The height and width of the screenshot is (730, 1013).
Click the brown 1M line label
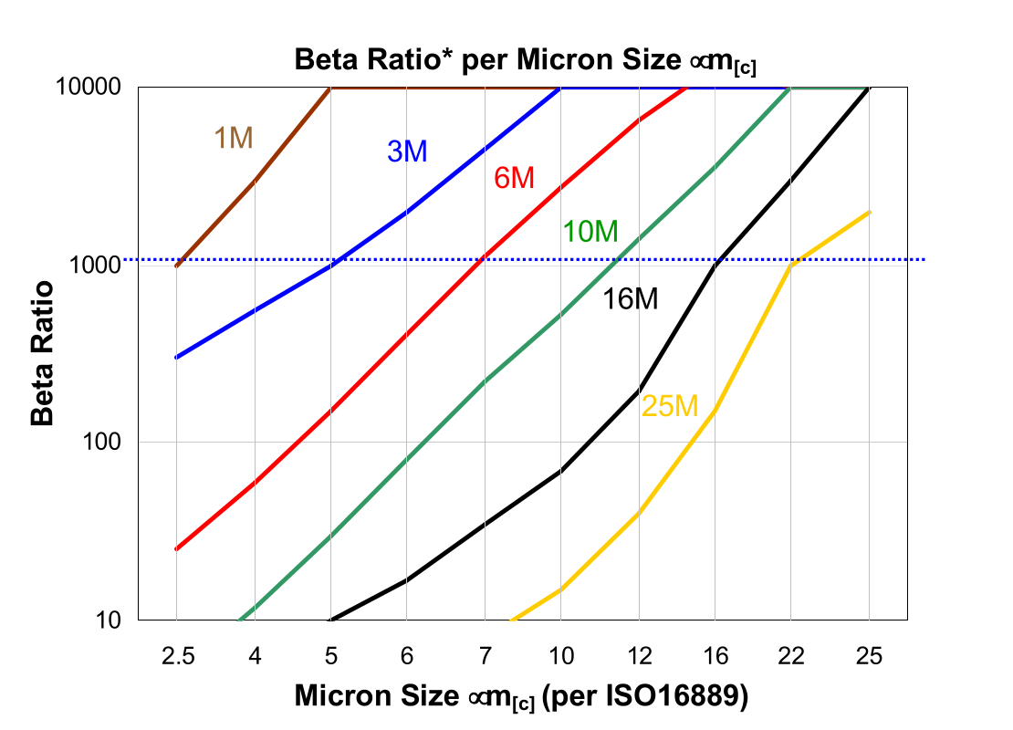tap(233, 138)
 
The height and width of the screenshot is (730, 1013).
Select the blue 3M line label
tap(407, 152)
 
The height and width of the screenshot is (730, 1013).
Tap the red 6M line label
tap(514, 179)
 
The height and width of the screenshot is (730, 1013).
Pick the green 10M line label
tap(590, 233)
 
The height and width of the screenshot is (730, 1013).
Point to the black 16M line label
tap(630, 298)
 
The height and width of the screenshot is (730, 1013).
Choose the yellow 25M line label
tap(669, 407)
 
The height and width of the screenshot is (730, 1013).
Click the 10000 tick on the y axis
tap(95, 89)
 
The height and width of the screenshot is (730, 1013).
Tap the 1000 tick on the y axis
tap(101, 266)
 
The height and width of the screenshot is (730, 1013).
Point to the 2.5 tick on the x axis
tap(176, 656)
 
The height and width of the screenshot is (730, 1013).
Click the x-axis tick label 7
tap(485, 656)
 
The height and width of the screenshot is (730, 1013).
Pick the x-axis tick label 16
tap(715, 656)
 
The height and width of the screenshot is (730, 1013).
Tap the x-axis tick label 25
tap(869, 656)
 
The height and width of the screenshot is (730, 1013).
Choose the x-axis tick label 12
tap(638, 656)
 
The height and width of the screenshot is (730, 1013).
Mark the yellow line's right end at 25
tap(869, 213)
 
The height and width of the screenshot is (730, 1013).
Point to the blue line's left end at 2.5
tap(176, 357)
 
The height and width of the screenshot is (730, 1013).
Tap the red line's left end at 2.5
tap(176, 549)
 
